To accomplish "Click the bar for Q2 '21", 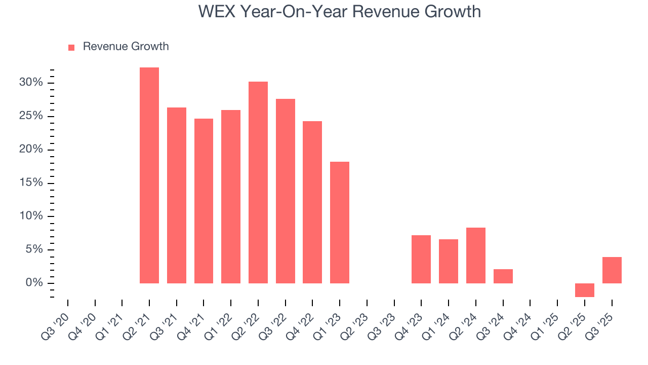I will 149,175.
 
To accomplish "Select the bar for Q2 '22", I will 258,182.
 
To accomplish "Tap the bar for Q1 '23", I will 340,222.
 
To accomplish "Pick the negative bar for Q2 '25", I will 584,290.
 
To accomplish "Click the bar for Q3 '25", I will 612,270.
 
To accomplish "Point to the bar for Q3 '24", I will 503,276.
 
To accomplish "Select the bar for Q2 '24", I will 476,255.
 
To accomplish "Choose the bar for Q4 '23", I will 421,259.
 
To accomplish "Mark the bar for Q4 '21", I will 204,201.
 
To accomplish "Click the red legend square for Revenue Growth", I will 71,47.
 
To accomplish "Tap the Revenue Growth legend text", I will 126,47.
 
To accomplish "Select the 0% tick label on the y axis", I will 35,283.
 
